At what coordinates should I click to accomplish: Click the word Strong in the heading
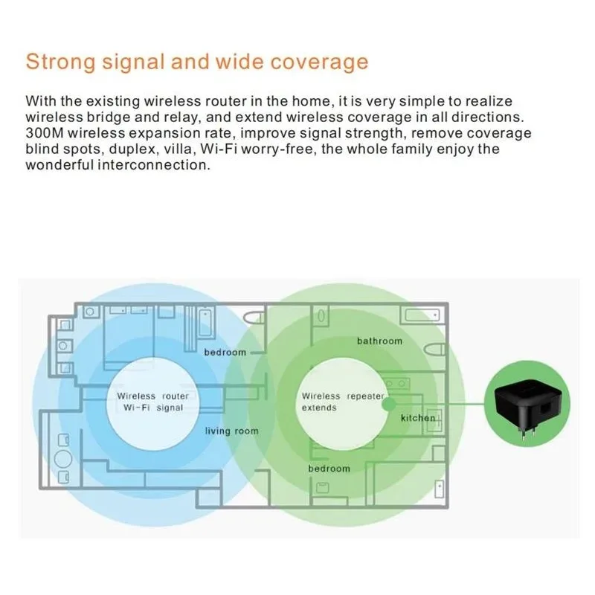tap(60, 62)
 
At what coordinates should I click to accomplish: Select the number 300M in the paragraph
tap(45, 133)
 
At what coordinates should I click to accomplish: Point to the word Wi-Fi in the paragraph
tap(219, 149)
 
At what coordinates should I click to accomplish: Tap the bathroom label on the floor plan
tap(379, 341)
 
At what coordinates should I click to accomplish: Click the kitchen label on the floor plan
tap(418, 418)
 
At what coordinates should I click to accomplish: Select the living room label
tap(231, 431)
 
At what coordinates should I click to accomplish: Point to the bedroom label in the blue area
tap(225, 353)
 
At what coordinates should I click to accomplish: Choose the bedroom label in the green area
tap(329, 469)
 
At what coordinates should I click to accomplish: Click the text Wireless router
tap(152, 396)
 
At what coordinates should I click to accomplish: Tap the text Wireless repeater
tap(343, 396)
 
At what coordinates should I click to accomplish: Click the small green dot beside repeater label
tap(388, 404)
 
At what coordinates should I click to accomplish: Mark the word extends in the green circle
tap(319, 408)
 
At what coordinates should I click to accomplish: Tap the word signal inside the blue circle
tap(170, 408)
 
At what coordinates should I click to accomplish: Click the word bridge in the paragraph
tap(109, 118)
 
